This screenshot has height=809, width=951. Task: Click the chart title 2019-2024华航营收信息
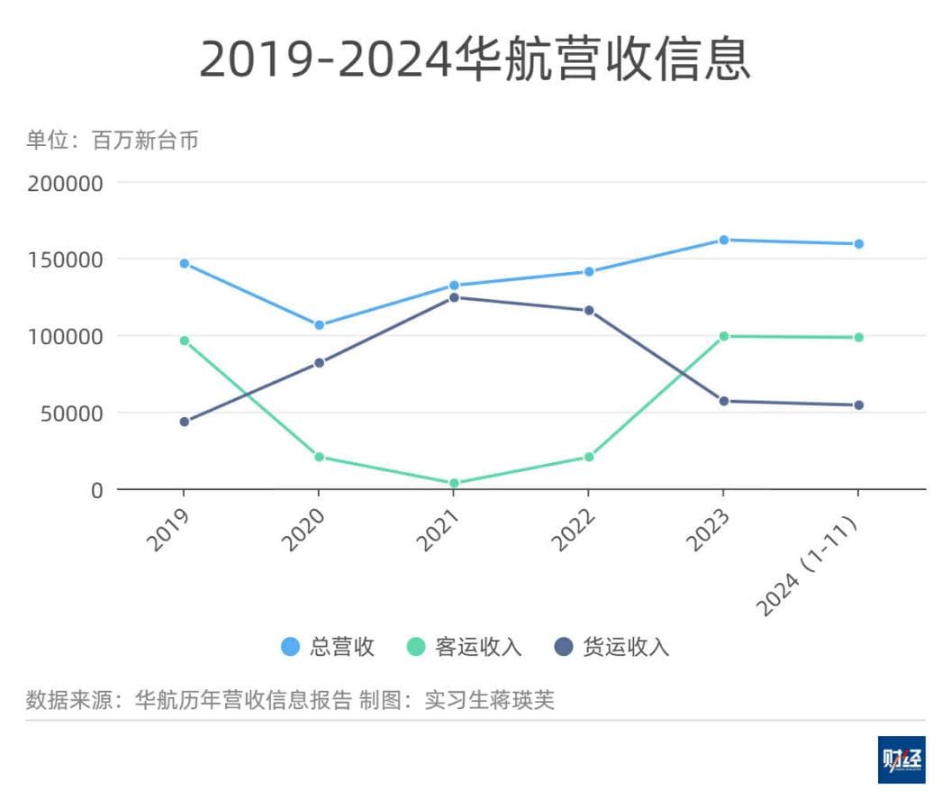475,60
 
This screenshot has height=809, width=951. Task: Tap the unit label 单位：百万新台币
112,141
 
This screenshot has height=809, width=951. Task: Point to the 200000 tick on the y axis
66,183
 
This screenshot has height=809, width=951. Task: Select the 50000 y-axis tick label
73,414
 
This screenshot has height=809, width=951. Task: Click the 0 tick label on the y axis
96,490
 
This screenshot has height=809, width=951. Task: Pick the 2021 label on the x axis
439,530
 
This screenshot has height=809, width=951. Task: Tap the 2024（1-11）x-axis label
809,566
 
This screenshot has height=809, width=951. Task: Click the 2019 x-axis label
168,530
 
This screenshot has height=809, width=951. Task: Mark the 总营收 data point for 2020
319,325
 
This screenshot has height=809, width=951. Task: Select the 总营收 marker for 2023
723,240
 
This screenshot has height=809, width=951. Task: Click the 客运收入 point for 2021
454,484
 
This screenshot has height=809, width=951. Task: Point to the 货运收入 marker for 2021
454,297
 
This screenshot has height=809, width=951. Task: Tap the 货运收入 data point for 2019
185,422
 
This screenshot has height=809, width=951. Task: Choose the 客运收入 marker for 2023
723,336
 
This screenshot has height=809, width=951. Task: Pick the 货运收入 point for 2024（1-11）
858,405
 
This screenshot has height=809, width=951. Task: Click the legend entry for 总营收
328,647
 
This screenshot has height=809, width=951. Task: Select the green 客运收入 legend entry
464,647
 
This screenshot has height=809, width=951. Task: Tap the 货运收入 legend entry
611,647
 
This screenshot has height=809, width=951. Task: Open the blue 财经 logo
901,759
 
